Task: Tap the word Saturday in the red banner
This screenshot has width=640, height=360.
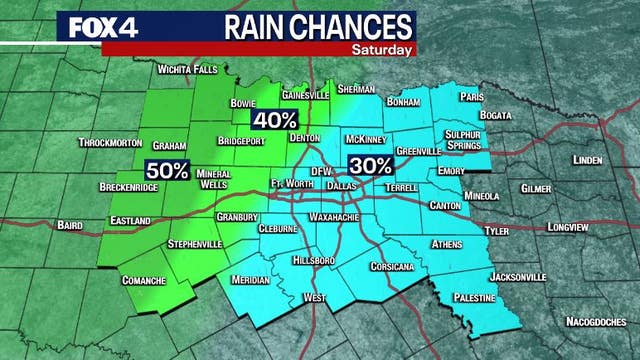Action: [381, 47]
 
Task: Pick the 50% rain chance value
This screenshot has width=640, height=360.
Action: [167, 170]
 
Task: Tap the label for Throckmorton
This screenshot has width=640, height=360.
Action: [110, 143]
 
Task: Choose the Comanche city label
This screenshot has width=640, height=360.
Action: [143, 280]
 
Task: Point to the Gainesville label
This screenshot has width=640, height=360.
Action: [305, 95]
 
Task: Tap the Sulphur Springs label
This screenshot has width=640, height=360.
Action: [465, 138]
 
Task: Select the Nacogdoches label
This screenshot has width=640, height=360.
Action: [597, 322]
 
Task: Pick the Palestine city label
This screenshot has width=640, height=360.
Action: [474, 298]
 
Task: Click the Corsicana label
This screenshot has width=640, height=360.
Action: [390, 267]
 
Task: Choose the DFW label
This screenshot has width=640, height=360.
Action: [321, 172]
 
